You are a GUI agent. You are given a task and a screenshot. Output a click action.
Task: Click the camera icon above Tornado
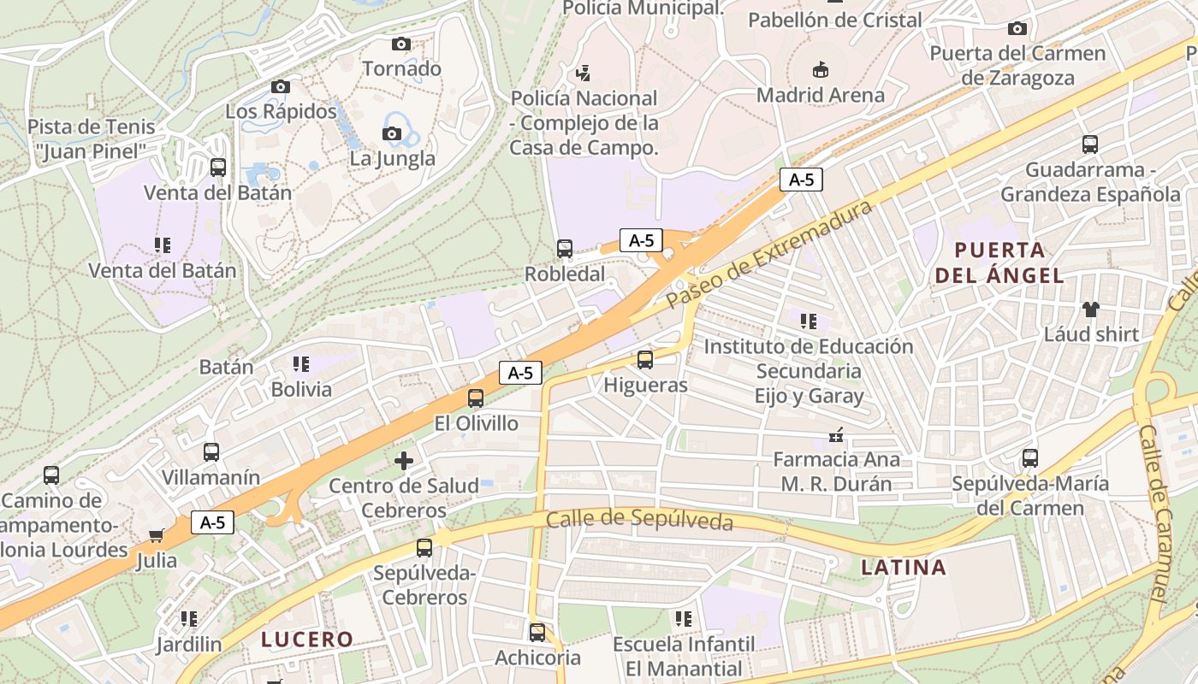400,44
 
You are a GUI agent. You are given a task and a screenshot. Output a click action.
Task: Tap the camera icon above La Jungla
392,133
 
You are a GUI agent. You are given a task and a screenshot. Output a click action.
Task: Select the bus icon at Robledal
565,249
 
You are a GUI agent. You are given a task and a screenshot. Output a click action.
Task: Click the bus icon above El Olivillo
476,398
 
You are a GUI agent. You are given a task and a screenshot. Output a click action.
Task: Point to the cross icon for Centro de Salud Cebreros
404,461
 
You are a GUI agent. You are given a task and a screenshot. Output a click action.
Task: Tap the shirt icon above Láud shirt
1090,309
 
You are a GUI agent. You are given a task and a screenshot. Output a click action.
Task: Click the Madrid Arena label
821,95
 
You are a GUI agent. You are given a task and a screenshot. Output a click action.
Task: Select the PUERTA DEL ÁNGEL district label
999,262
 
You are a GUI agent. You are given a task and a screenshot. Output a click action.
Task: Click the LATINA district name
904,567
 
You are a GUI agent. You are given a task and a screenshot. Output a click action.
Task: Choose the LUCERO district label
307,639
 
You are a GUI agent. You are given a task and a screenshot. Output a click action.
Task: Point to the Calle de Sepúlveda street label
639,519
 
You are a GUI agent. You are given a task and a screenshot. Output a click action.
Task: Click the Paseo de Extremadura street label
769,254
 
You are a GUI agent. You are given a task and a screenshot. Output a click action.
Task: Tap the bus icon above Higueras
645,360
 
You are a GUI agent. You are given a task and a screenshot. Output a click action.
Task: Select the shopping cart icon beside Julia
156,536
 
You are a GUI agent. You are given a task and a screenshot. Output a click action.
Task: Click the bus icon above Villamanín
211,452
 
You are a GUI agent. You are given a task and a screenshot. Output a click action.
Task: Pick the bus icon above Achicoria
537,633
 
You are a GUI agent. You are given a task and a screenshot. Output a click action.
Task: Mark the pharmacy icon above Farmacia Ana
836,436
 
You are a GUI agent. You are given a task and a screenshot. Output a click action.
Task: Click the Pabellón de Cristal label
834,20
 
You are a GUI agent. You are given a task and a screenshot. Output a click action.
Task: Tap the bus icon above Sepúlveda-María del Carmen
1030,458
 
